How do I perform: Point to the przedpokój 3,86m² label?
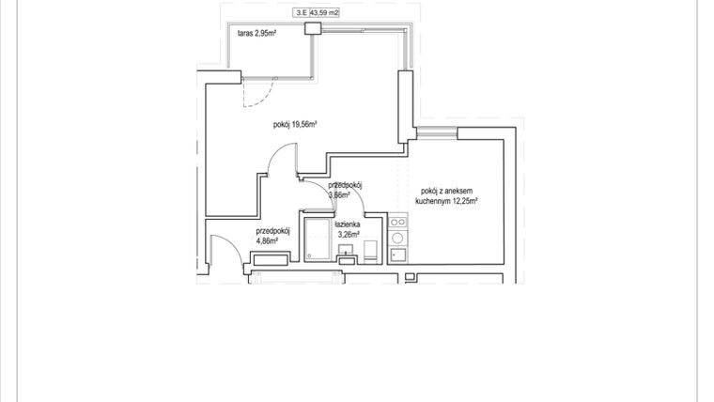pyautogui.click(x=345, y=191)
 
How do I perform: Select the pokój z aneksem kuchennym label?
pyautogui.click(x=450, y=195)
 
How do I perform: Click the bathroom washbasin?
pyautogui.click(x=347, y=251)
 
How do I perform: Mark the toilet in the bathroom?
pyautogui.click(x=371, y=250)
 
